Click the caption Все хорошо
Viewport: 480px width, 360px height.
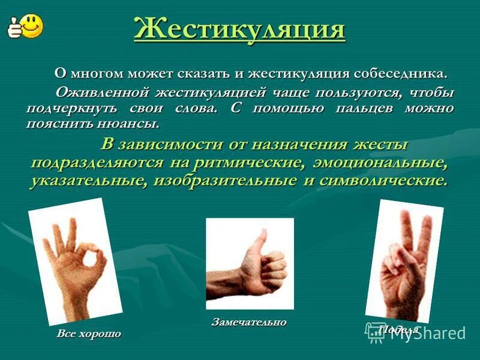pos(89,334)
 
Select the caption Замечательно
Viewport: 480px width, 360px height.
pos(249,322)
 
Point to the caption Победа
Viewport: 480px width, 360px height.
pos(399,329)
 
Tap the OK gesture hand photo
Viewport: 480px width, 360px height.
pos(76,262)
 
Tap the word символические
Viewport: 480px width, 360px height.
pos(384,180)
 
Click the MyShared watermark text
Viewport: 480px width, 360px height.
pos(428,334)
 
